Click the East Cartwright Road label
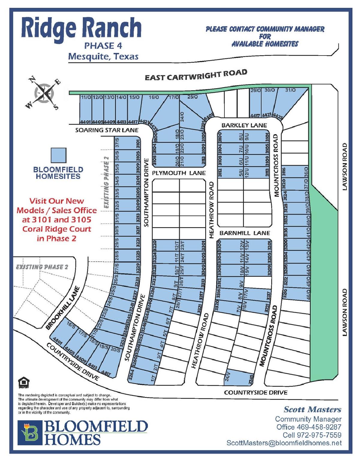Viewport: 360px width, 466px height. [x=196, y=75]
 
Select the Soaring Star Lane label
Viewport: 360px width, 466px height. [x=107, y=130]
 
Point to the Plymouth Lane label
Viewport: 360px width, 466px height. [x=179, y=173]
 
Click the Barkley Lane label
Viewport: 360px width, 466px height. [x=244, y=125]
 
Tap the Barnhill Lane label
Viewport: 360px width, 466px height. [x=244, y=233]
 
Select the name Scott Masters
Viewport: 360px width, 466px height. [x=312, y=409]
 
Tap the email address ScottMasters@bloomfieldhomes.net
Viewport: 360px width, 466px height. [x=284, y=443]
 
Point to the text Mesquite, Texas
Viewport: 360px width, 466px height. [x=103, y=56]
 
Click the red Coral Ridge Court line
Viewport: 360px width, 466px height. [x=57, y=229]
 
